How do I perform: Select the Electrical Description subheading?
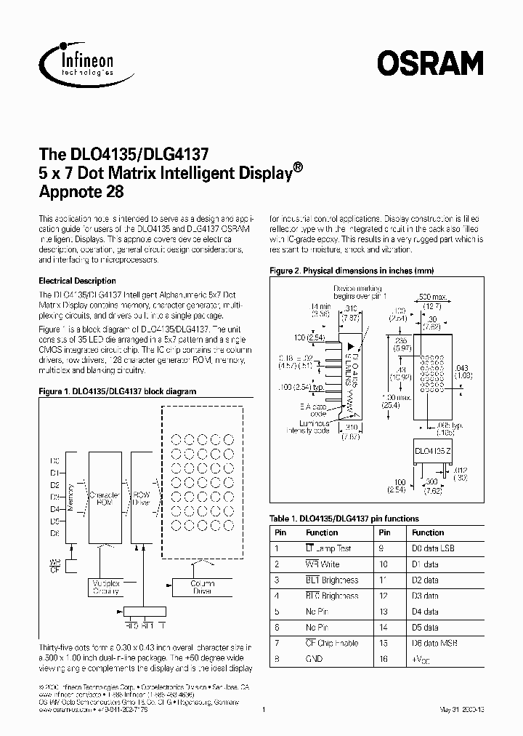pos(76,281)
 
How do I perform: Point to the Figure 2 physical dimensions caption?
pos(352,271)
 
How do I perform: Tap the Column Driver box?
pos(202,588)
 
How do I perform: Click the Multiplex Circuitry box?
pos(106,588)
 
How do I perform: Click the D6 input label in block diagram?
pos(54,534)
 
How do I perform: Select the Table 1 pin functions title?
pos(344,519)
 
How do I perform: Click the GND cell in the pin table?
pos(315,658)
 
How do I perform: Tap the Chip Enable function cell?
pos(332,643)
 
